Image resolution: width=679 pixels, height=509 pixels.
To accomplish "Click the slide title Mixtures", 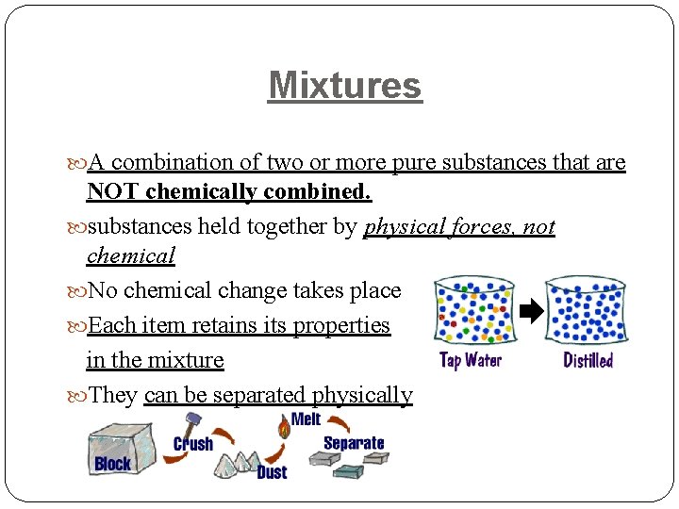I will click(344, 86).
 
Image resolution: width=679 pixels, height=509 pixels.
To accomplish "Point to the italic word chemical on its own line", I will click(130, 256).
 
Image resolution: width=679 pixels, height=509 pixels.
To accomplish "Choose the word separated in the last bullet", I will click(259, 395).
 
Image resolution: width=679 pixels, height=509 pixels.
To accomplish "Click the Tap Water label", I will click(471, 360).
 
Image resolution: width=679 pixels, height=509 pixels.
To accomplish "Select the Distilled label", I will click(588, 360).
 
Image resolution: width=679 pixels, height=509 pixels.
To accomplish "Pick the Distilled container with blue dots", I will click(587, 311).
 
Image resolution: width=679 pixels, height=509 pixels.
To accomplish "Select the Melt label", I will click(306, 419).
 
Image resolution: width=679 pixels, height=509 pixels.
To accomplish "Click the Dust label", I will click(272, 472).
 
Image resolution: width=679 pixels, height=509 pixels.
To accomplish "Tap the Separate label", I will click(354, 442).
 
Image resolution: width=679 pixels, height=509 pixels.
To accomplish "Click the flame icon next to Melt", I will click(282, 427).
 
